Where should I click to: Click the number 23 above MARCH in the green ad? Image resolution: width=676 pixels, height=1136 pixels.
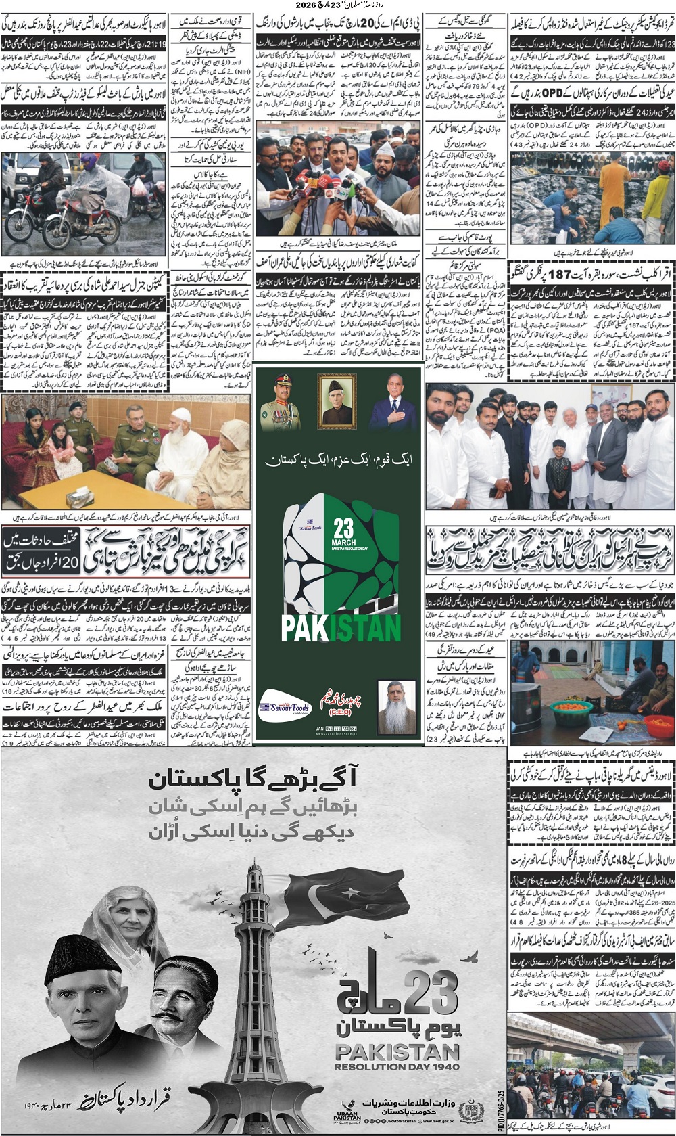pyautogui.click(x=343, y=528)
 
